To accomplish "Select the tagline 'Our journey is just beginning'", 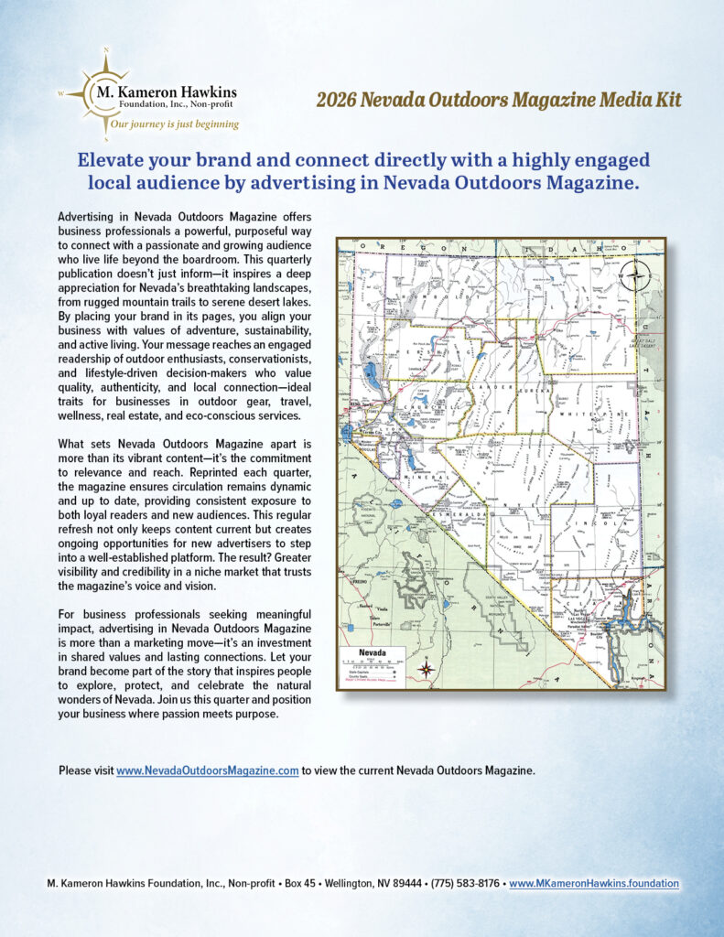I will [169, 124].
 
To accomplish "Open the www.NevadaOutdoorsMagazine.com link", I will [207, 770].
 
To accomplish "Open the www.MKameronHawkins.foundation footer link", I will [594, 884].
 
